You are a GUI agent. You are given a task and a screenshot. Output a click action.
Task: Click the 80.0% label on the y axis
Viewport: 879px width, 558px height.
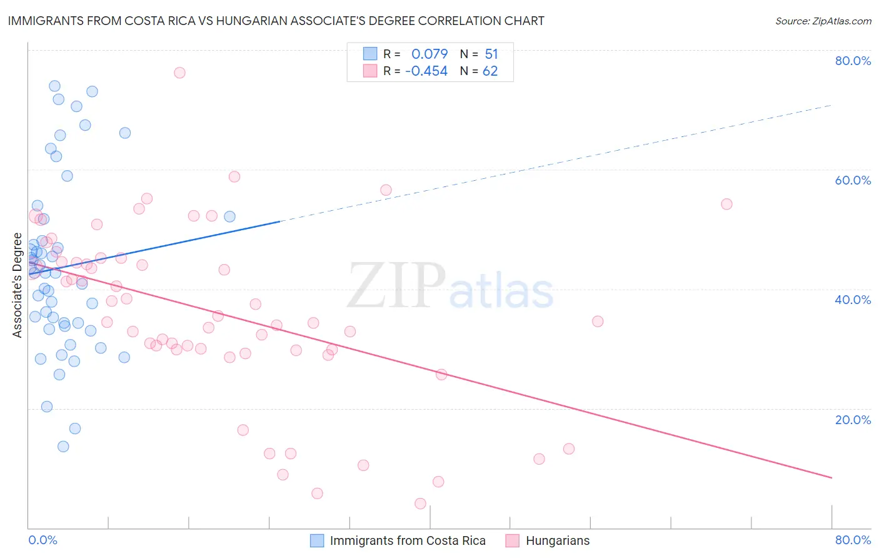(853, 61)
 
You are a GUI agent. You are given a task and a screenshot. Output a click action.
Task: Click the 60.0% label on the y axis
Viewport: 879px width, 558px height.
(853, 180)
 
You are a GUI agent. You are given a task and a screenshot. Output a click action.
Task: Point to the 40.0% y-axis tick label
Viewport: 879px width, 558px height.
(853, 300)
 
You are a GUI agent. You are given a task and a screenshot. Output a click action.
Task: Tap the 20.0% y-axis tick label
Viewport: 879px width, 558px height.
(853, 420)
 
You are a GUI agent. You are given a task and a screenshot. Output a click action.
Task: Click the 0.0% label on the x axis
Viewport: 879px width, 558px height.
(43, 540)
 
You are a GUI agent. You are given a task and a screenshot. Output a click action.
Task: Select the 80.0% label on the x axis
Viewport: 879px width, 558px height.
(853, 540)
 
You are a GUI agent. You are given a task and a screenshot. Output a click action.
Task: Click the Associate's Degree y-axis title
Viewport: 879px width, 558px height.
(18, 285)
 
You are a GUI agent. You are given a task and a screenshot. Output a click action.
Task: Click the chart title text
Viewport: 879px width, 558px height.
(276, 21)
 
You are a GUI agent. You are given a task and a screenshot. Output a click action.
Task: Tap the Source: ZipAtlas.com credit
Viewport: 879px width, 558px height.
(823, 21)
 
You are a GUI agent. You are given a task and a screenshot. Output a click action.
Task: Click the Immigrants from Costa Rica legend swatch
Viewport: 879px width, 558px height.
(317, 540)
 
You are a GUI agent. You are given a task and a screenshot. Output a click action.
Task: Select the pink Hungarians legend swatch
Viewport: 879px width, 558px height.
(513, 540)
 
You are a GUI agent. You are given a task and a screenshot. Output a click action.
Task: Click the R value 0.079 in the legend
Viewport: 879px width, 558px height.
(429, 54)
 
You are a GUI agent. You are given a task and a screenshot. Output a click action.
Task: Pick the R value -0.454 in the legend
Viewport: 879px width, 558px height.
(426, 71)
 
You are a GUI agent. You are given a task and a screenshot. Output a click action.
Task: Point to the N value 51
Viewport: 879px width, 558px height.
(491, 54)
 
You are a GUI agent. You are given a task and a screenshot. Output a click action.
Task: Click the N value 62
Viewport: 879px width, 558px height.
(490, 71)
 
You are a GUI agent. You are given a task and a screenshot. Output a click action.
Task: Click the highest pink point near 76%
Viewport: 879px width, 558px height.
(179, 73)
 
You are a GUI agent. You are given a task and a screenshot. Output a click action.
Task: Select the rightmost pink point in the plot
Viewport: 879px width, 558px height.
(726, 204)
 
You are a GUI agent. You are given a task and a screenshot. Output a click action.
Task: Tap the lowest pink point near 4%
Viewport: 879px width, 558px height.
(420, 504)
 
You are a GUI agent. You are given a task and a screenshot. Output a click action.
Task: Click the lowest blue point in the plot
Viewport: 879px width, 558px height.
(63, 446)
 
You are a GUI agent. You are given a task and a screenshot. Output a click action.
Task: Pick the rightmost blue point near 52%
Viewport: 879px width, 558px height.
(229, 216)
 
